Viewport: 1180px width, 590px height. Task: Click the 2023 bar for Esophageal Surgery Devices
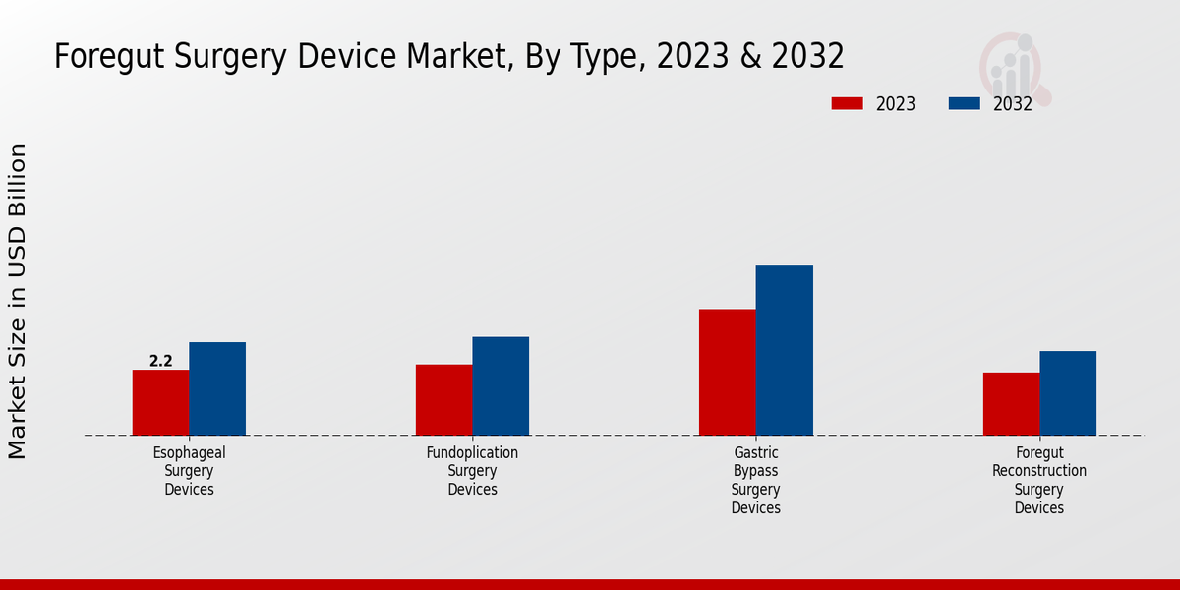[x=160, y=402]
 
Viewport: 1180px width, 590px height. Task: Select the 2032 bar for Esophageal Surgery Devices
[x=217, y=388]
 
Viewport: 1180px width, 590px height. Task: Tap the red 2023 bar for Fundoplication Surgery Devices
[x=443, y=399]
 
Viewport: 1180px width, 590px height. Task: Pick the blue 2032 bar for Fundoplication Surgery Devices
[x=501, y=385]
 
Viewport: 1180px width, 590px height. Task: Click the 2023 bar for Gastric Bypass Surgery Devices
[x=728, y=372]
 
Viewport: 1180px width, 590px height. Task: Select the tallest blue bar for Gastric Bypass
[x=785, y=349]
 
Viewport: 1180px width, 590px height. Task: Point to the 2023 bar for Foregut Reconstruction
[x=1011, y=403]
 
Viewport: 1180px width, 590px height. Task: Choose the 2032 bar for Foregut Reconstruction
[x=1068, y=392]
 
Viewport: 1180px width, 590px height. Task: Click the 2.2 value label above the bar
[x=160, y=361]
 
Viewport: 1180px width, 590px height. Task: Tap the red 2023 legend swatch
[x=847, y=103]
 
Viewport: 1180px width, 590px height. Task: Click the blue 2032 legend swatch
[x=964, y=103]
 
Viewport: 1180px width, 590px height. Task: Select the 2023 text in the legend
[x=896, y=104]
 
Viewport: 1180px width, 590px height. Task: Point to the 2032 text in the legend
[x=1013, y=104]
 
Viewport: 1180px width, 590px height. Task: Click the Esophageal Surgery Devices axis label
[x=189, y=471]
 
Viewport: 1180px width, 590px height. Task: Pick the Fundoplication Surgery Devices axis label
[x=472, y=471]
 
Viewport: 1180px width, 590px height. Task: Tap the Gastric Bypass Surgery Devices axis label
[x=756, y=480]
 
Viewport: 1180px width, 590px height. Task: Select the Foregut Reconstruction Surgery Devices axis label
[x=1039, y=480]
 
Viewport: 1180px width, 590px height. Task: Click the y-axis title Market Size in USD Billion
[x=18, y=300]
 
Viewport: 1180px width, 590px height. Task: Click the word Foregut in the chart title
[x=107, y=56]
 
